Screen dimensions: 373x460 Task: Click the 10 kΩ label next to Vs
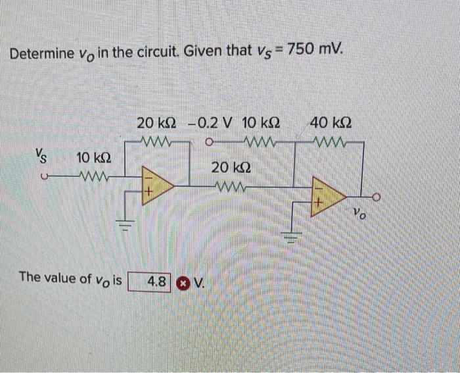click(93, 158)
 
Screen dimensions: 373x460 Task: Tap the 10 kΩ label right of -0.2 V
click(262, 123)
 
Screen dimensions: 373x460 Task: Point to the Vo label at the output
click(359, 213)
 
